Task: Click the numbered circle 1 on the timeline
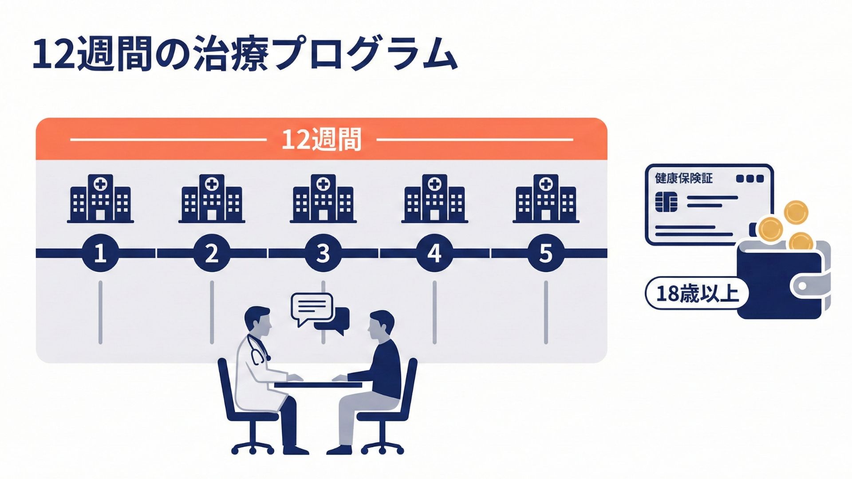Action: (x=100, y=253)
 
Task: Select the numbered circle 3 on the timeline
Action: (x=323, y=253)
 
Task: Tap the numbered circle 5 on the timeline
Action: (x=546, y=253)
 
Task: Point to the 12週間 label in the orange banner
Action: (x=321, y=139)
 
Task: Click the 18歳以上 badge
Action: (x=696, y=293)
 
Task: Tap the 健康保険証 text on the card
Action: (x=683, y=178)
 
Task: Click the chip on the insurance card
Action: (x=666, y=202)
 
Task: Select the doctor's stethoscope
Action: (x=258, y=350)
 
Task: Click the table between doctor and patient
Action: (x=318, y=385)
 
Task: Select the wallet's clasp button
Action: (x=802, y=286)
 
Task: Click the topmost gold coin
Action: (x=796, y=212)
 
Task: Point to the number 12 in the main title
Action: (x=53, y=55)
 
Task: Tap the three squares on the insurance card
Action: (x=750, y=179)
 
